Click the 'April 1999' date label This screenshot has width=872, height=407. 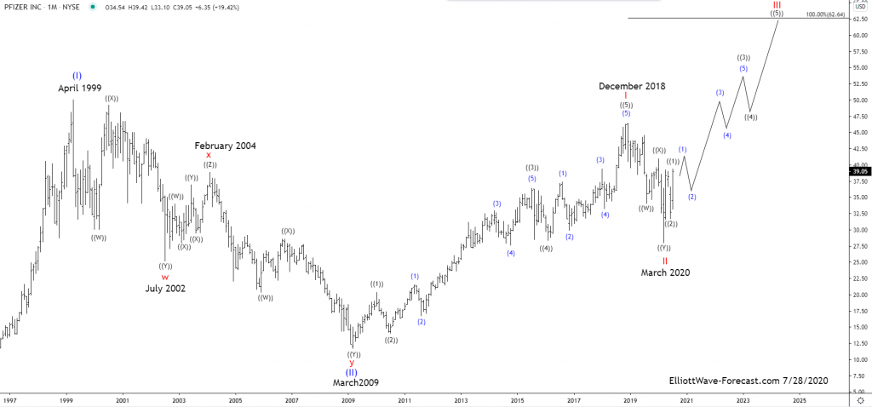click(x=80, y=88)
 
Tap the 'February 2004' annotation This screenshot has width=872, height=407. click(x=225, y=146)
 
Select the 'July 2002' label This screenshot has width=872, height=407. click(x=165, y=289)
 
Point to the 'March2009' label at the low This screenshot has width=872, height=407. click(x=351, y=383)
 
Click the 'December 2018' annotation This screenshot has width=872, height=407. click(x=632, y=86)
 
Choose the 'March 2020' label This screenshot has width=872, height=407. click(x=665, y=272)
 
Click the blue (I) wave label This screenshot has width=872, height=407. click(x=77, y=75)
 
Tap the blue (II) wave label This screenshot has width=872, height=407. click(x=351, y=372)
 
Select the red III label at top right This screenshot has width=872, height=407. click(x=777, y=4)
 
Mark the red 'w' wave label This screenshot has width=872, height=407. click(x=165, y=277)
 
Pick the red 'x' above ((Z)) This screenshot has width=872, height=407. click(x=209, y=155)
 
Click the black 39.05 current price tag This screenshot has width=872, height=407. click(x=859, y=171)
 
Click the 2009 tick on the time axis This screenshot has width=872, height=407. click(x=347, y=398)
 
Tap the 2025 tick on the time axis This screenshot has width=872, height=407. click(x=799, y=398)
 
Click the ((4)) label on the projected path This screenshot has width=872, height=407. click(x=750, y=118)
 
